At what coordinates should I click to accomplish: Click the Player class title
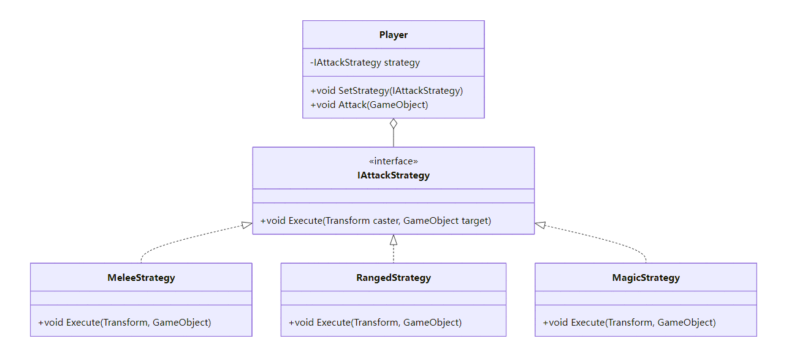pyautogui.click(x=393, y=35)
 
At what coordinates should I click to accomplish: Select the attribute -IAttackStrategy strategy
pyautogui.click(x=365, y=63)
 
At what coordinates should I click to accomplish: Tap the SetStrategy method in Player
pyautogui.click(x=386, y=91)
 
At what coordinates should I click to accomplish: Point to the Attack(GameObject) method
pyautogui.click(x=369, y=105)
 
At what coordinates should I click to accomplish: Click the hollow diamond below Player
pyautogui.click(x=394, y=123)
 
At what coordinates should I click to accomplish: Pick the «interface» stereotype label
pyautogui.click(x=393, y=161)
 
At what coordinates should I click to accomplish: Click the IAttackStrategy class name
pyautogui.click(x=393, y=175)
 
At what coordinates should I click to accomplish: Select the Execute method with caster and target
pyautogui.click(x=375, y=221)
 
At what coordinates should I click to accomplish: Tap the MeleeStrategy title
pyautogui.click(x=141, y=278)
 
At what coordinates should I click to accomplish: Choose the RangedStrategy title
pyautogui.click(x=393, y=278)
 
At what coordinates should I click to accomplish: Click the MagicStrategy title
pyautogui.click(x=646, y=278)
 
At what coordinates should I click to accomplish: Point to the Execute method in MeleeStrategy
pyautogui.click(x=124, y=323)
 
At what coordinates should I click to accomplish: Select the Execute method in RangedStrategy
pyautogui.click(x=375, y=323)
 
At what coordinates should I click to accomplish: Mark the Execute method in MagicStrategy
pyautogui.click(x=629, y=323)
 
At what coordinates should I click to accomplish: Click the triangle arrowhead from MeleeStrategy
pyautogui.click(x=246, y=226)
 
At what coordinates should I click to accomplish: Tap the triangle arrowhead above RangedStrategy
pyautogui.click(x=394, y=240)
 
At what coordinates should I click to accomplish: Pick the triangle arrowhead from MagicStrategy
pyautogui.click(x=540, y=226)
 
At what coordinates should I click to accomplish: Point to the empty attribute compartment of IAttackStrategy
pyautogui.click(x=393, y=196)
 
